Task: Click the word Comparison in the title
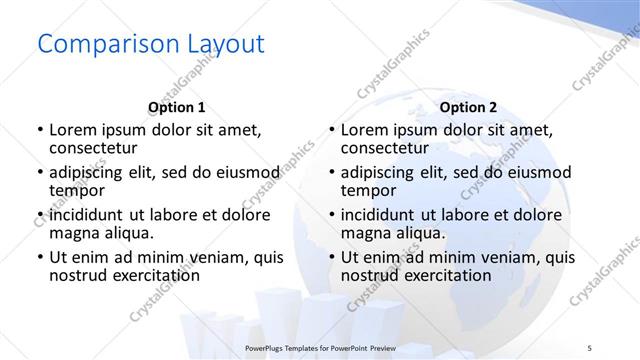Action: pyautogui.click(x=105, y=45)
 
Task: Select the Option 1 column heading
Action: pyautogui.click(x=176, y=107)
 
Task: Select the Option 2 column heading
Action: pyautogui.click(x=468, y=107)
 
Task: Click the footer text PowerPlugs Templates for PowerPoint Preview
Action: pyautogui.click(x=320, y=346)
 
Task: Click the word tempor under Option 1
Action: pyautogui.click(x=76, y=190)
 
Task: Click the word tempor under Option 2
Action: pyautogui.click(x=368, y=190)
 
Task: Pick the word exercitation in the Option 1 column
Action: pyautogui.click(x=153, y=275)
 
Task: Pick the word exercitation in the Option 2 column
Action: pyautogui.click(x=445, y=275)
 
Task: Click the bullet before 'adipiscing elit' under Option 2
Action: pyautogui.click(x=331, y=173)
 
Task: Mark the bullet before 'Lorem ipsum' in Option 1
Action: pyautogui.click(x=39, y=130)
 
